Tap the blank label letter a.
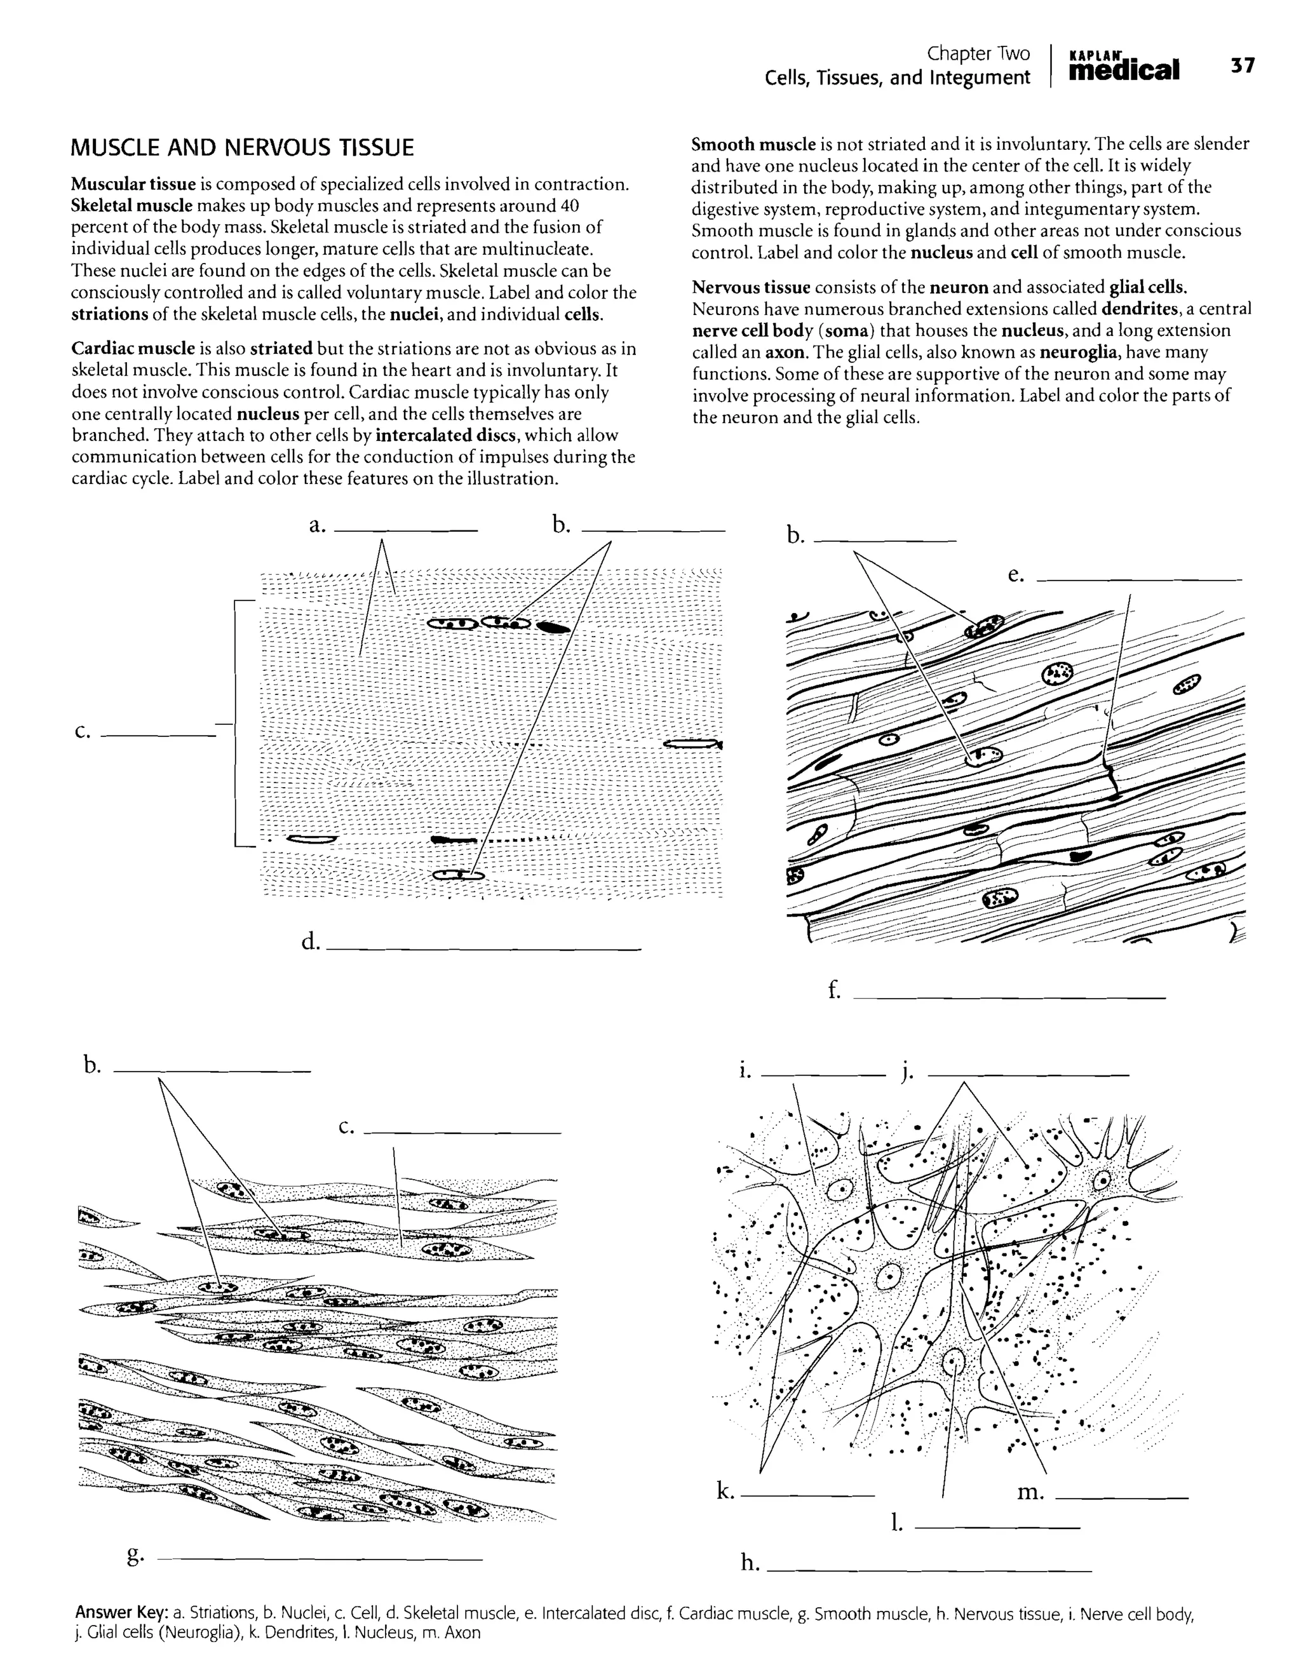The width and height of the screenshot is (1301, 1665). pos(317,525)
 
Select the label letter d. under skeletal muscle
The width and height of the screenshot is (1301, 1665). pos(310,943)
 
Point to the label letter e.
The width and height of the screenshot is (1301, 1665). pos(1015,576)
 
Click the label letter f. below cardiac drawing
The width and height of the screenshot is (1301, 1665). pos(835,990)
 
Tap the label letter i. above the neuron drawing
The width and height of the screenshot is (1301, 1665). pos(745,1071)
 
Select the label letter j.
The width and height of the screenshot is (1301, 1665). pos(907,1072)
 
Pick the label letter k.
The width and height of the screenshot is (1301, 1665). pos(725,1490)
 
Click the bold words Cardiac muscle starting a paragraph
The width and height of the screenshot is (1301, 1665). pos(133,348)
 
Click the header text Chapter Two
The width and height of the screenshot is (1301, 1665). pos(978,53)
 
